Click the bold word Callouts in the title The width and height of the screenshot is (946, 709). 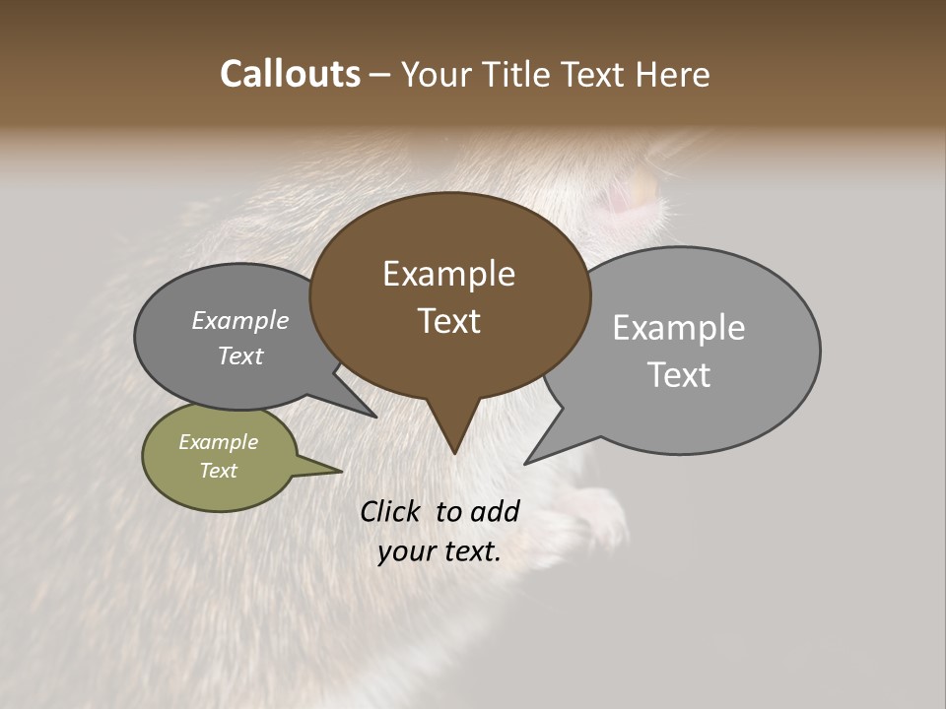pyautogui.click(x=290, y=74)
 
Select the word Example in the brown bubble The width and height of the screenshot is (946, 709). pyautogui.click(x=448, y=274)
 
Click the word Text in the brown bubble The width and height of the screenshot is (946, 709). pyautogui.click(x=448, y=321)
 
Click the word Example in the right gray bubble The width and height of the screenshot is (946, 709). pyautogui.click(x=678, y=328)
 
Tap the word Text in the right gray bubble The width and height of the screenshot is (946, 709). pyautogui.click(x=679, y=374)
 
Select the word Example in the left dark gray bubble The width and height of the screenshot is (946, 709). pyautogui.click(x=239, y=321)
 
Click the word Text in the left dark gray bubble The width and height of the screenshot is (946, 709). pyautogui.click(x=239, y=355)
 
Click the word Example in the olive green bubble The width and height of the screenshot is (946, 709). pyautogui.click(x=218, y=442)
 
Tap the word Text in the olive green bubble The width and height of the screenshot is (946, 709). pyautogui.click(x=218, y=471)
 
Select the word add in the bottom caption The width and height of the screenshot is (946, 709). pyautogui.click(x=494, y=511)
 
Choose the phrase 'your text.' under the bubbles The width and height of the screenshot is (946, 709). pyautogui.click(x=439, y=551)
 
